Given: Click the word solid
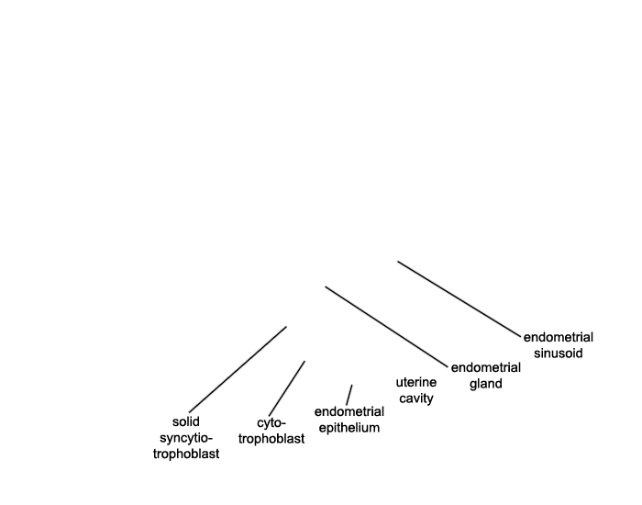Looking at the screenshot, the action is point(186,421).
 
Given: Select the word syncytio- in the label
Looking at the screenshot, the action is point(186,438).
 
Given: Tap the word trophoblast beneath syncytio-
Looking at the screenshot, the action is point(186,454).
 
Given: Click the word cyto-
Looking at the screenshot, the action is point(271,422).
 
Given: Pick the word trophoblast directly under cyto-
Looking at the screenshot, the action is point(271,439).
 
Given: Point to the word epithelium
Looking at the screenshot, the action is point(349,428).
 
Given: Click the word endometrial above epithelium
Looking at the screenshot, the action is point(349,411).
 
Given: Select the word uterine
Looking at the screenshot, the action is point(416,382).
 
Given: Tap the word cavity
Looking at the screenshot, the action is point(416,398).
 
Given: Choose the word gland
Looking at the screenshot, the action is point(485,384).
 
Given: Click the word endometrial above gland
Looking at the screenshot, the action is point(485,367).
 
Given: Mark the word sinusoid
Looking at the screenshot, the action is point(558,353).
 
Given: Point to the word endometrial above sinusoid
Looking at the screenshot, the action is point(558,337).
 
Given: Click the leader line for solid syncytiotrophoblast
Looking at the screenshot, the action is point(238,369).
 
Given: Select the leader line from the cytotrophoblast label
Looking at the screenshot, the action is point(286,388).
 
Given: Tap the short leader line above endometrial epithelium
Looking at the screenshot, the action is point(349,395).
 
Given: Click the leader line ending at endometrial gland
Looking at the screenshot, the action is point(386,327).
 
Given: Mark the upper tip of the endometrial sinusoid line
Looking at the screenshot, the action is point(398,262).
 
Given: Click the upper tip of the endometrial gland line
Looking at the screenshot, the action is point(326,286).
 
